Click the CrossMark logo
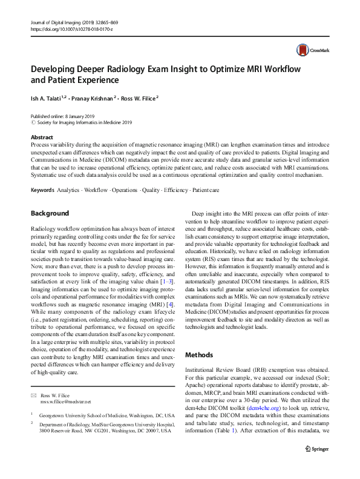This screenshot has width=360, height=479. pyautogui.click(x=309, y=50)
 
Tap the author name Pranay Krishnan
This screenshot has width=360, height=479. pyautogui.click(x=96, y=97)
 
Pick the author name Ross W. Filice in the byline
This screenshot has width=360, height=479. pyautogui.click(x=139, y=97)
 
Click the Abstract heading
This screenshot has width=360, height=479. pyautogui.click(x=42, y=137)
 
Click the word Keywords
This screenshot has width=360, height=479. pyautogui.click(x=42, y=190)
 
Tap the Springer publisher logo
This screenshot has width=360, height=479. pyautogui.click(x=318, y=465)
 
